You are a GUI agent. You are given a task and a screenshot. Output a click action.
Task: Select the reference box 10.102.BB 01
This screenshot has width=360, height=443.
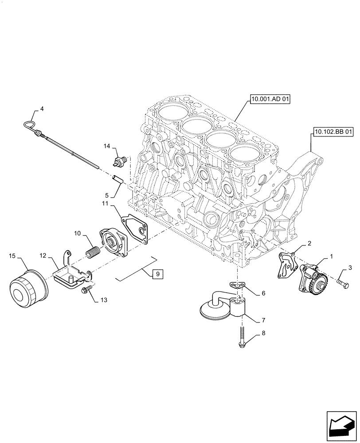(x=334, y=132)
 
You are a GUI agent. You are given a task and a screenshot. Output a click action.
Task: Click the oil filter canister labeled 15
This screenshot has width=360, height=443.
(x=28, y=289)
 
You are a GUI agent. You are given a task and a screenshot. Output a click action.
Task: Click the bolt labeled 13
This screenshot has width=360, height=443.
(x=86, y=290)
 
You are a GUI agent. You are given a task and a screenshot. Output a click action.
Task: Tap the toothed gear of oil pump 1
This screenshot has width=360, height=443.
(x=321, y=282)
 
